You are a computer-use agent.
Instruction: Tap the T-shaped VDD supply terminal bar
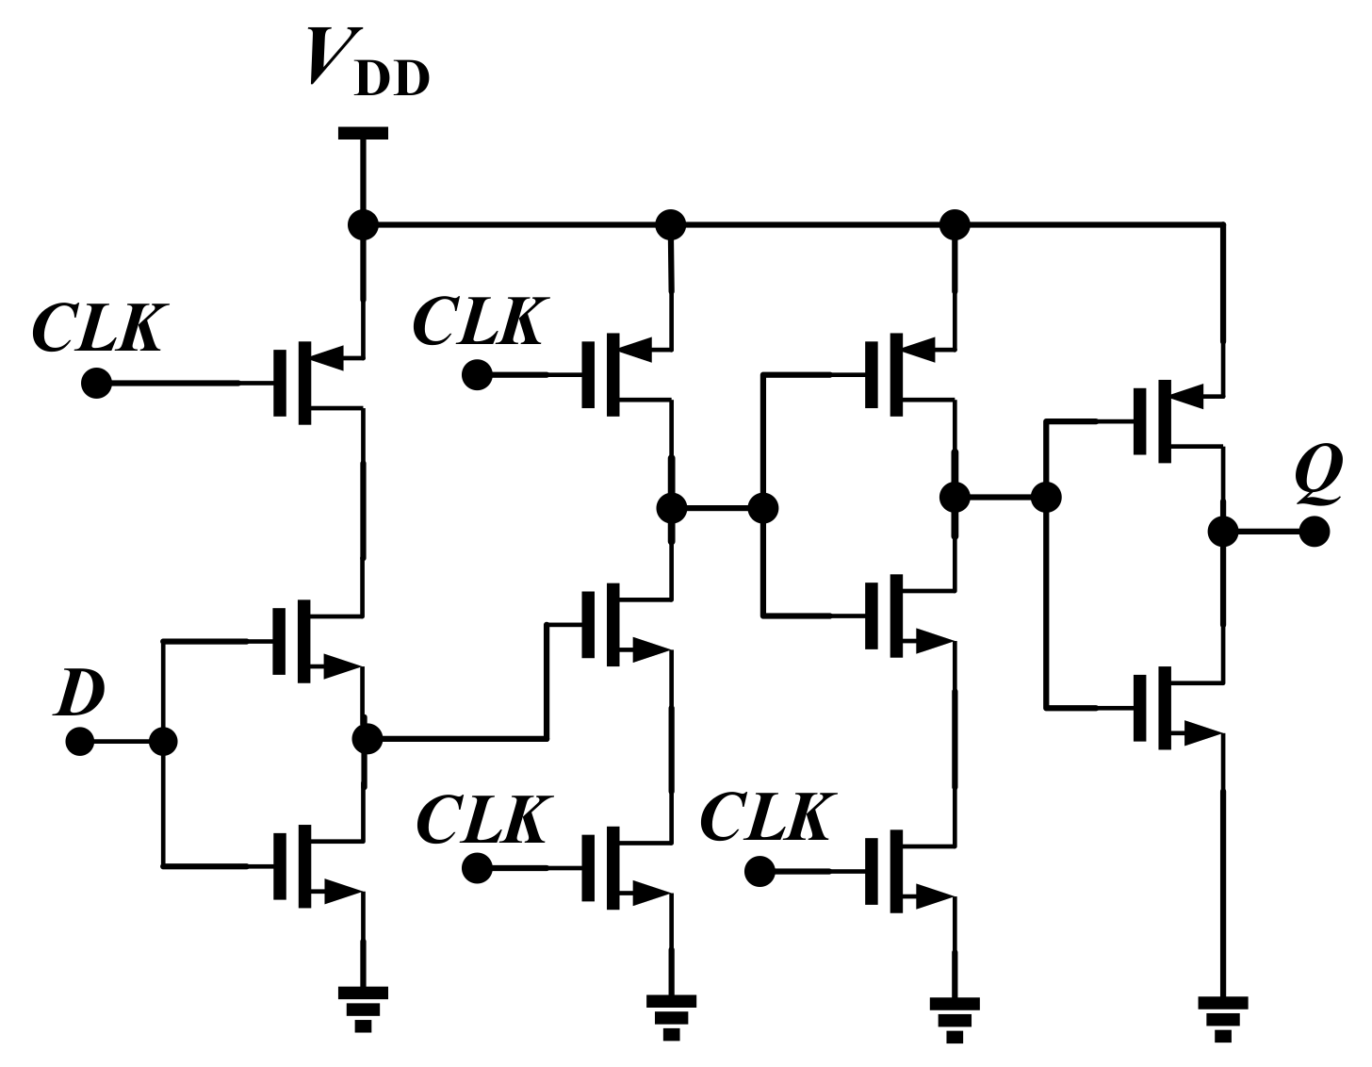[363, 134]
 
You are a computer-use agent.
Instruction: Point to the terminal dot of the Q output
[1315, 532]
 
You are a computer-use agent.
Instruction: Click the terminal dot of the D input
[80, 742]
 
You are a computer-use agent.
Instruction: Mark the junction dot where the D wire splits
[163, 742]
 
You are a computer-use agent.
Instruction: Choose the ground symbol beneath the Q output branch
[1223, 1016]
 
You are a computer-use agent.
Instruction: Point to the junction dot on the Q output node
[1223, 532]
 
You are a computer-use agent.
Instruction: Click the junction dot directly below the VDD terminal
[363, 225]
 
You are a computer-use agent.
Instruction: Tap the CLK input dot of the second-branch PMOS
[477, 376]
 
